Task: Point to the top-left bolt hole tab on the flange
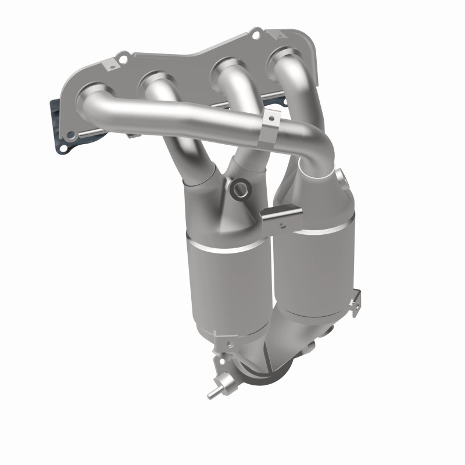(123, 58)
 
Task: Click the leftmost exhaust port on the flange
(95, 92)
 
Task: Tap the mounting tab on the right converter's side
(354, 299)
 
